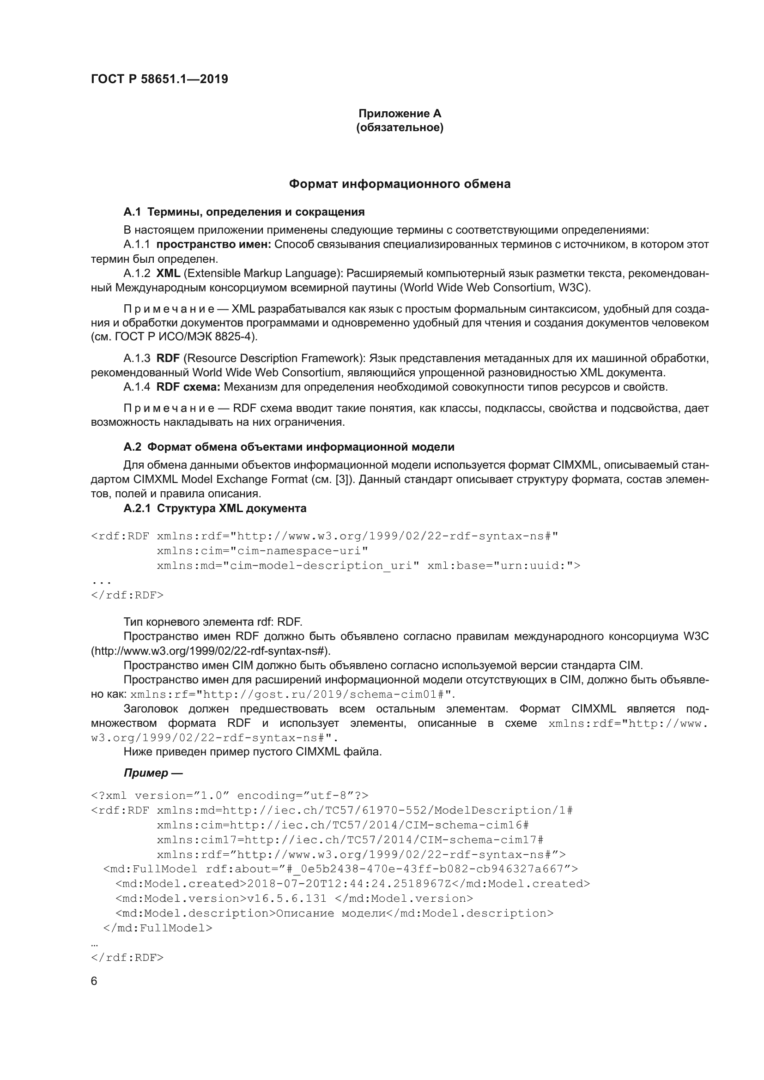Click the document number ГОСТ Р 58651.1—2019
click(159, 79)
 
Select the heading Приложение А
click(400, 114)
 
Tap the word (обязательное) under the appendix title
click(400, 127)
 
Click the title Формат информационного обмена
click(400, 184)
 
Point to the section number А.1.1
click(136, 245)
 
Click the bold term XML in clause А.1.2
click(168, 273)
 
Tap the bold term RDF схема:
click(188, 387)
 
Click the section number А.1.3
click(136, 358)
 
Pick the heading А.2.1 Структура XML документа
click(214, 508)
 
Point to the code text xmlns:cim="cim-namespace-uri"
click(262, 551)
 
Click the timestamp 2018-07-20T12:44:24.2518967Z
click(349, 883)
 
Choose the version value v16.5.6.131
click(286, 899)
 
